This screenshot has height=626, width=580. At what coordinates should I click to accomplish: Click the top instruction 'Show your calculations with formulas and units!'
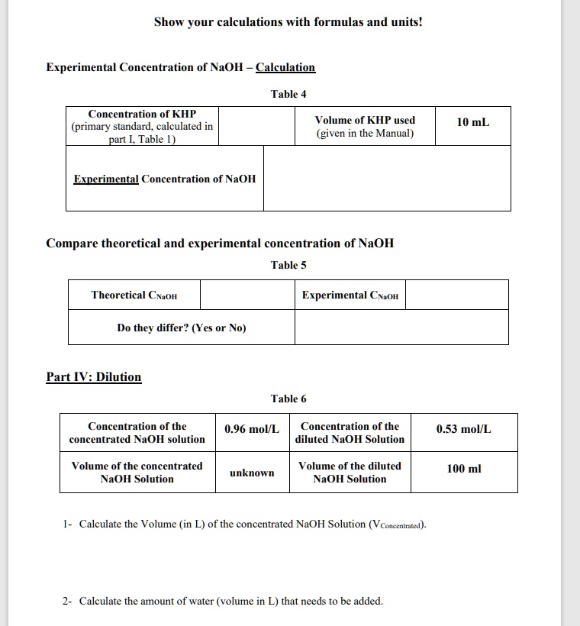[x=288, y=22]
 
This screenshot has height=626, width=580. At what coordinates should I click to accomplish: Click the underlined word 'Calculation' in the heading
[x=285, y=67]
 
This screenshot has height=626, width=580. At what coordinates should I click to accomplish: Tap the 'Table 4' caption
[x=288, y=94]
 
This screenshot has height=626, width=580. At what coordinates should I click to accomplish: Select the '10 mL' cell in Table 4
[x=473, y=122]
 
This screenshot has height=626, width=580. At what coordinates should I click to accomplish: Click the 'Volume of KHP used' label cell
[x=365, y=127]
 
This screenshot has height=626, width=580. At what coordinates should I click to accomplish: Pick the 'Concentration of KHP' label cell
[x=142, y=126]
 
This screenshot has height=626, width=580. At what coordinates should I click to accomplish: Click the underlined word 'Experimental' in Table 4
[x=106, y=179]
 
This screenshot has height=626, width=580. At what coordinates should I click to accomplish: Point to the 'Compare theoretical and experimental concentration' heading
[x=220, y=244]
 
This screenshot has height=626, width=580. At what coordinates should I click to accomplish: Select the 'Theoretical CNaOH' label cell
[x=134, y=295]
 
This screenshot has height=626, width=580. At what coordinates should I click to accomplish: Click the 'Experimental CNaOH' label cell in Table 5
[x=350, y=295]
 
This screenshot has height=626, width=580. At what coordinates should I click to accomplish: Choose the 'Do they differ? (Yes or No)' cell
[x=182, y=328]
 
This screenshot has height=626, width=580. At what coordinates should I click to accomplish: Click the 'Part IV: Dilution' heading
[x=94, y=376]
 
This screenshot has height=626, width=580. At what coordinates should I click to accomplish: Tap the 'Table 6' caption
[x=288, y=399]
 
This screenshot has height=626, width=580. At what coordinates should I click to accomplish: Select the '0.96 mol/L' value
[x=252, y=429]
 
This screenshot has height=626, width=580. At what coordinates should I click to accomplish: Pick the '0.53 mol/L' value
[x=463, y=429]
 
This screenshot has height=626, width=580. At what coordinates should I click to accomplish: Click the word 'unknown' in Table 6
[x=252, y=473]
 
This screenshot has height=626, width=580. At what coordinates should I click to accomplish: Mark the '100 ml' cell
[x=463, y=468]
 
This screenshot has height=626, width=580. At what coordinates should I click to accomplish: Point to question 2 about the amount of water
[x=224, y=601]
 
